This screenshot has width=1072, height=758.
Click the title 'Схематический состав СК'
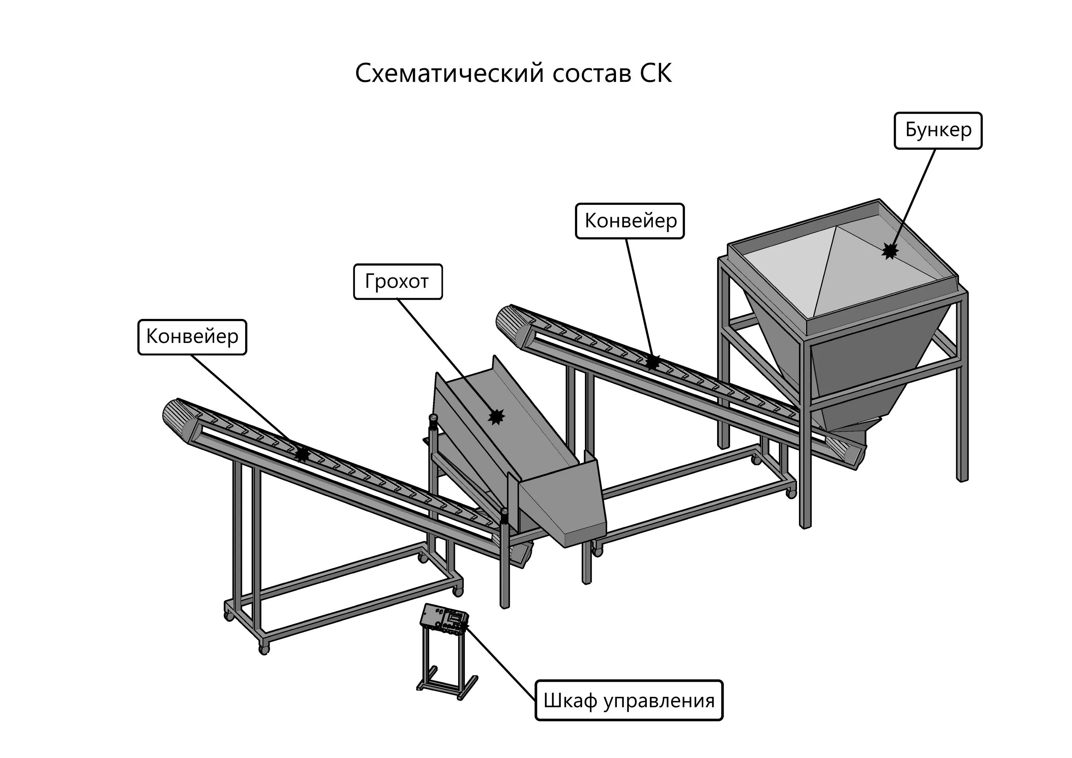(x=513, y=74)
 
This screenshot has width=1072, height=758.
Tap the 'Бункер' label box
(x=938, y=131)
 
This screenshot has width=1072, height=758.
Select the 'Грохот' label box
(x=397, y=282)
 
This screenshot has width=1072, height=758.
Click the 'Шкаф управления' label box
(x=629, y=700)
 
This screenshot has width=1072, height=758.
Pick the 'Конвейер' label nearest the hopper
(x=629, y=221)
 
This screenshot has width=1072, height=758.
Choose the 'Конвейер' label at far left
(x=192, y=337)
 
